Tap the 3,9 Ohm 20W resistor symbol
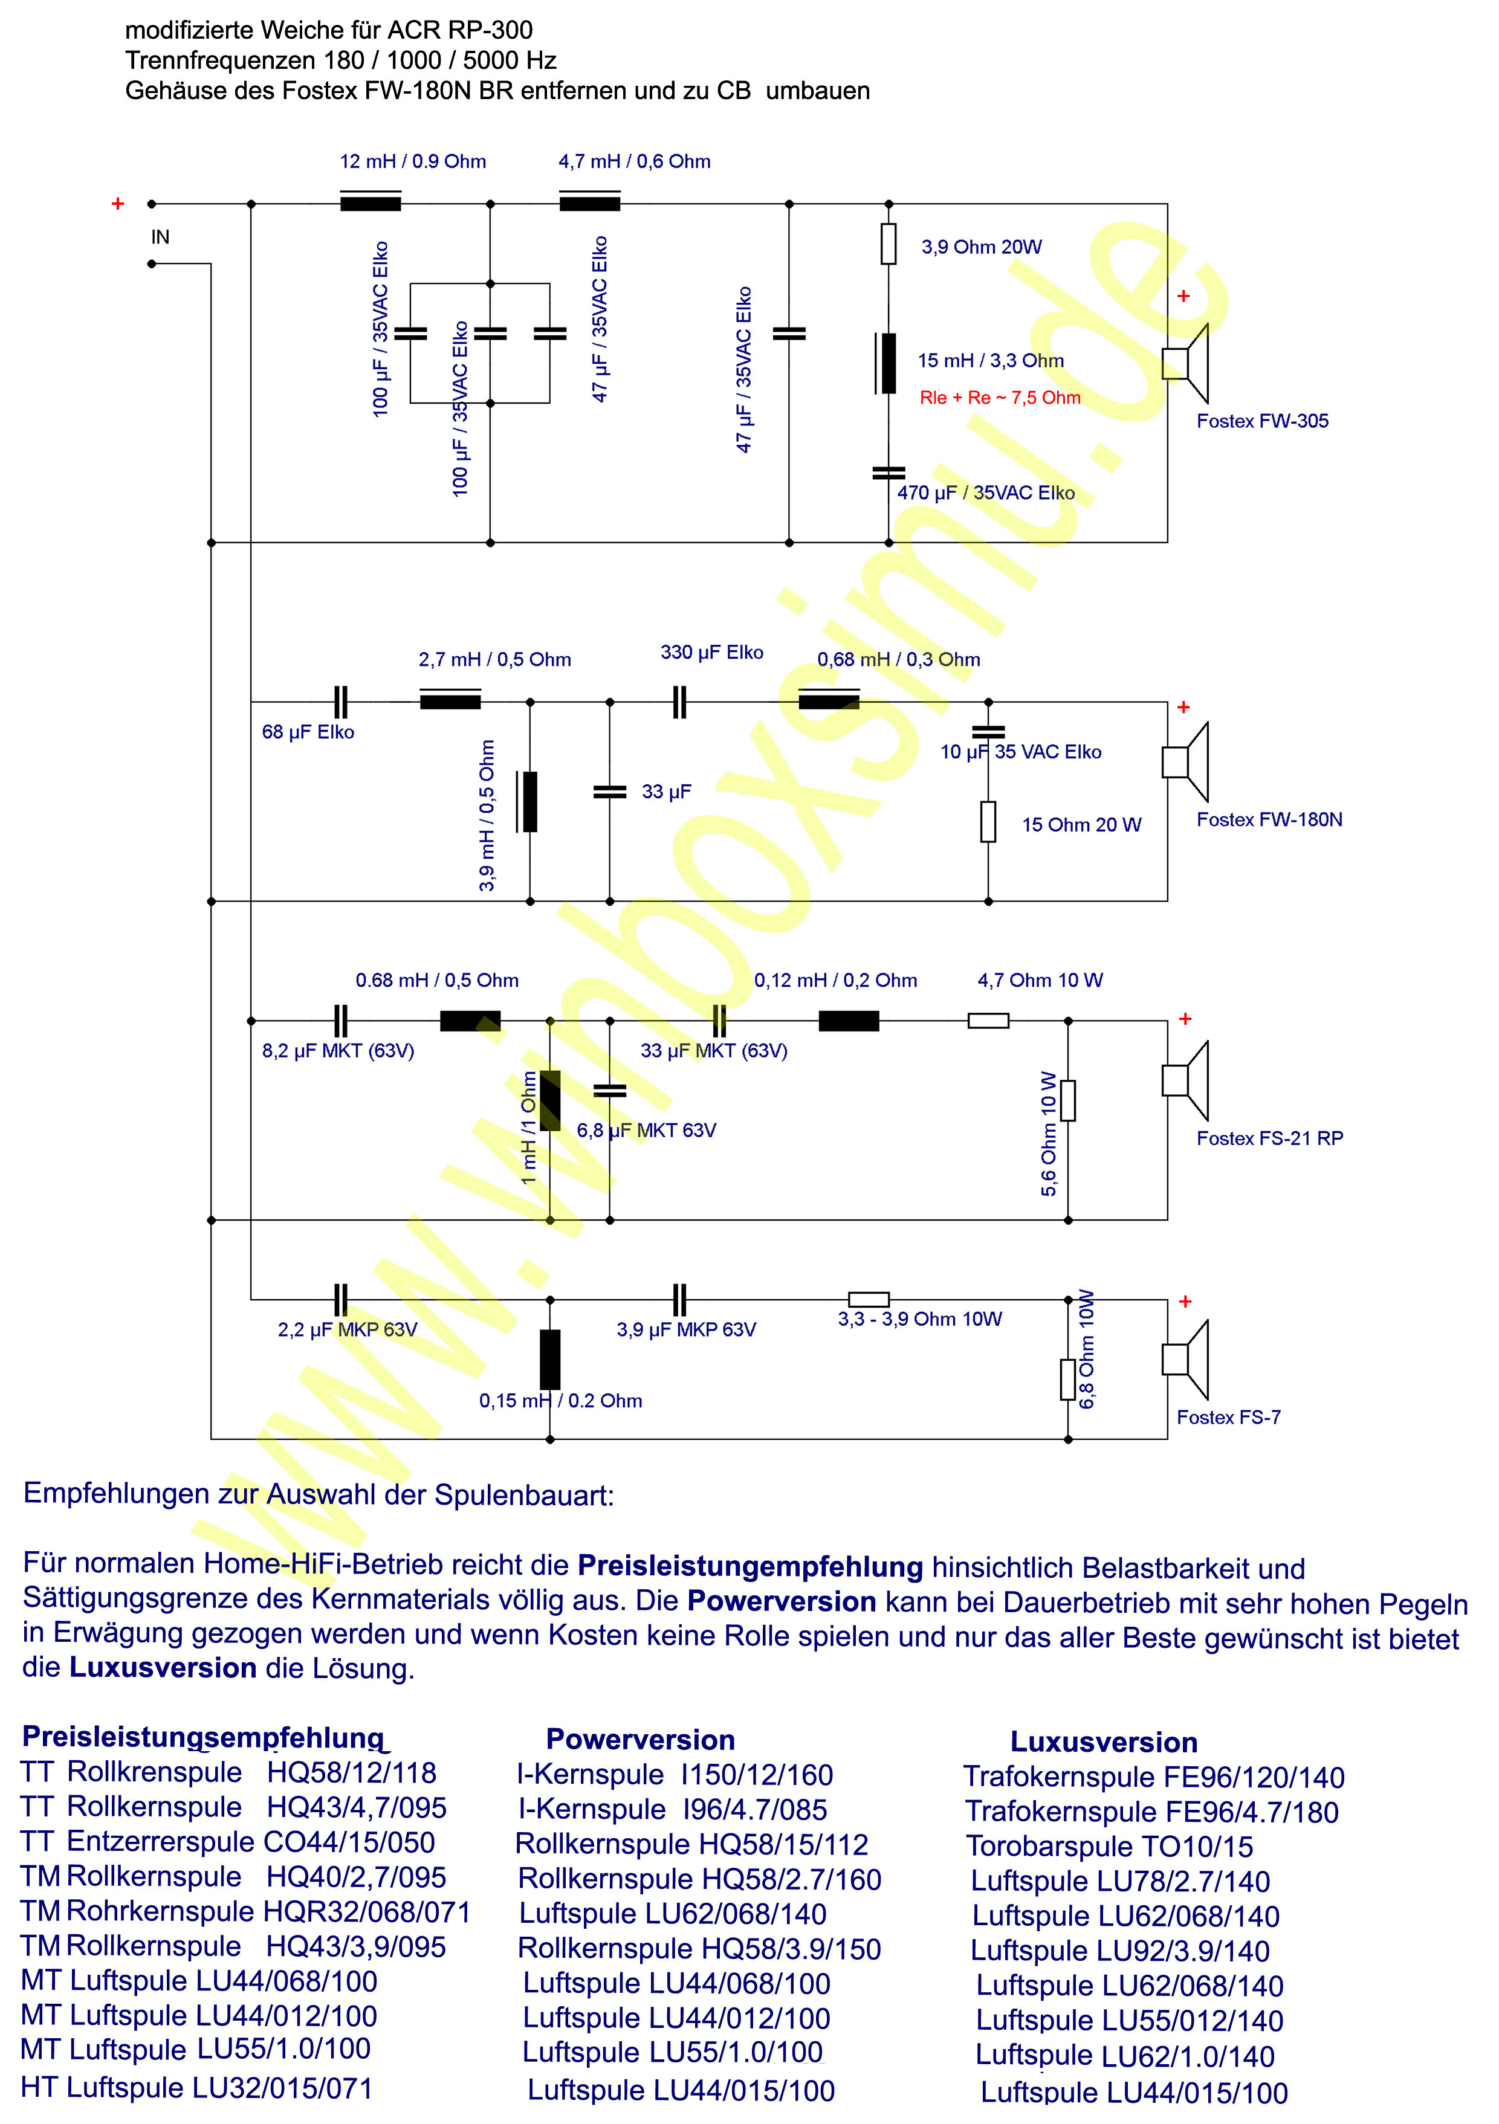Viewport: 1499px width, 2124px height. point(889,244)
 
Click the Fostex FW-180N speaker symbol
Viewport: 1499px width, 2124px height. point(1185,761)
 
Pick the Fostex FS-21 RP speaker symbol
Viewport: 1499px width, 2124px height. point(1185,1080)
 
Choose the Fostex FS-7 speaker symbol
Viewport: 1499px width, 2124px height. point(1185,1359)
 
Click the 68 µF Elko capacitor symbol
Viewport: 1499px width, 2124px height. point(340,702)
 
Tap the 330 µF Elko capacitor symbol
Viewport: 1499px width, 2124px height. point(679,702)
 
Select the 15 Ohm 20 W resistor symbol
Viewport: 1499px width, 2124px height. point(988,821)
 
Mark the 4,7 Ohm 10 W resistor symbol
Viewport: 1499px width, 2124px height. point(988,1021)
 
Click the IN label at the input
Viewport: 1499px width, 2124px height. point(160,237)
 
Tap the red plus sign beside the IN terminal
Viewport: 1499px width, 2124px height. point(117,204)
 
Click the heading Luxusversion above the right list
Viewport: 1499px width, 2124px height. point(1104,1742)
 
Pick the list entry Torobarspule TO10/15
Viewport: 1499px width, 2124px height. point(1110,1847)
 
